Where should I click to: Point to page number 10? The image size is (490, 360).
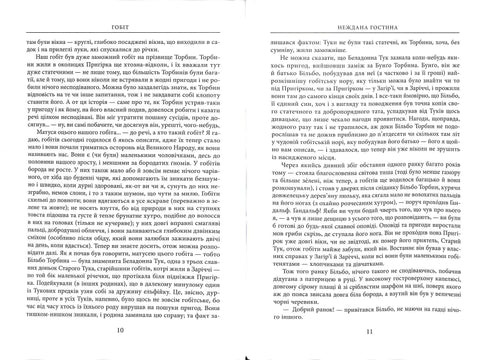click(123, 331)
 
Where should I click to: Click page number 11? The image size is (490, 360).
click(368, 331)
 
